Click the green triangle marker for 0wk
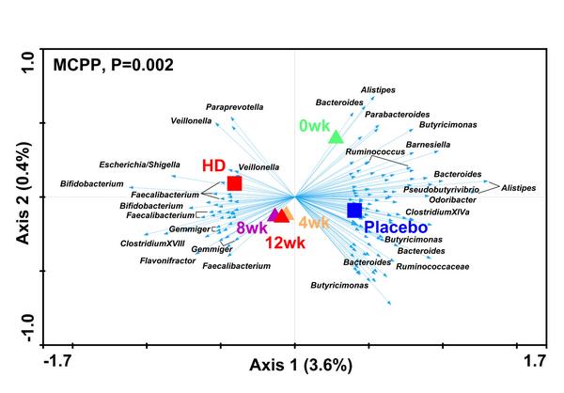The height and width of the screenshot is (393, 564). point(336,138)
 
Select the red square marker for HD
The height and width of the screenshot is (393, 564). point(235,182)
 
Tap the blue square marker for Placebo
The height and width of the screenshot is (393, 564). point(354,210)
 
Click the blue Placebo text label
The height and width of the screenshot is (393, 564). point(396,228)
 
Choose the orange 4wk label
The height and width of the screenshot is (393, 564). point(314,223)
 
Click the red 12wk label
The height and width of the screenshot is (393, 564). point(286,243)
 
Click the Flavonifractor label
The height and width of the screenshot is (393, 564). point(171,259)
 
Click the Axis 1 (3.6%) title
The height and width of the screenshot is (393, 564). point(300,365)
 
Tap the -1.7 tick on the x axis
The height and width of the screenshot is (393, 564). point(60,359)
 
